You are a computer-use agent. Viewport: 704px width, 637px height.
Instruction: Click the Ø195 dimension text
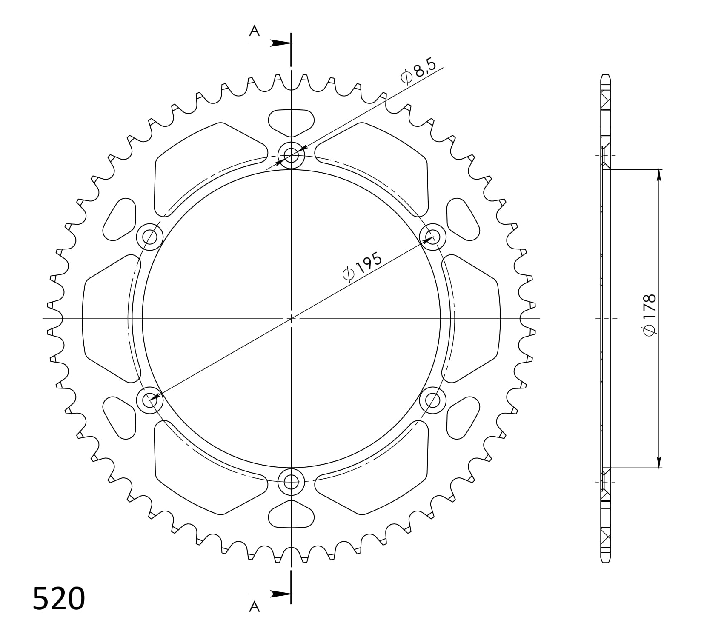[363, 267]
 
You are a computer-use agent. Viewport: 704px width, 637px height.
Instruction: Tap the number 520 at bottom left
[59, 599]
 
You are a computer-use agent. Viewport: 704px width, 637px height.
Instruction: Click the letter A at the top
[254, 31]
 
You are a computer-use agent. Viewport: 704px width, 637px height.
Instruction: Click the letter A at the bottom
[254, 607]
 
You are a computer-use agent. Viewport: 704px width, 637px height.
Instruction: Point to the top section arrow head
[280, 43]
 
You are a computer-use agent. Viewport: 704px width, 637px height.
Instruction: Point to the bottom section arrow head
[280, 594]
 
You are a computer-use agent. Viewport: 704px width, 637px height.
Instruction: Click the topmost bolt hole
[291, 155]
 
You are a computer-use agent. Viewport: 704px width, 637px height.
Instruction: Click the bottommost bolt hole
[291, 482]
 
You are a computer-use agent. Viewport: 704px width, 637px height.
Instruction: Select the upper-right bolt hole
[433, 237]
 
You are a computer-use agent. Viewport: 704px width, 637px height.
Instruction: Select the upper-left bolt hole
[149, 237]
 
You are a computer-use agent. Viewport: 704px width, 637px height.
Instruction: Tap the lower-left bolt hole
[149, 400]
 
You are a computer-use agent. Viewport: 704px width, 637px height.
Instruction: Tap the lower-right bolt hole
[433, 400]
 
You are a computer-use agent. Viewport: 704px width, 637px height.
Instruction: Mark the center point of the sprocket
[291, 318]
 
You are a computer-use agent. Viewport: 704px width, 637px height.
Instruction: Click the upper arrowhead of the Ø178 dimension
[659, 175]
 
